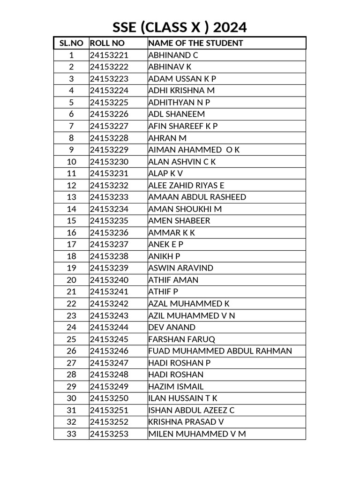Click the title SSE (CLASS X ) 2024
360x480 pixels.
[x=180, y=28]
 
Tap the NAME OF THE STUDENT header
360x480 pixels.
[x=195, y=43]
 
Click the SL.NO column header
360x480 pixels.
[x=71, y=43]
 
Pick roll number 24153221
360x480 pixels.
[x=109, y=55]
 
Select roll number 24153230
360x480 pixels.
[x=109, y=162]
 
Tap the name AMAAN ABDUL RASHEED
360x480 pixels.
[x=197, y=197]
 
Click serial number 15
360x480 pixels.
[x=71, y=221]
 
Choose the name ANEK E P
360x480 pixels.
[x=165, y=244]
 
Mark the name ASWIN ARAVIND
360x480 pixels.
[x=180, y=268]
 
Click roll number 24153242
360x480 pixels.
[x=109, y=304]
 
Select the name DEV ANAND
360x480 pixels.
[x=172, y=327]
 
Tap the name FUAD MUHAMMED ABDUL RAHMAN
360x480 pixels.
[x=220, y=351]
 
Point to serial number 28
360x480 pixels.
[x=71, y=375]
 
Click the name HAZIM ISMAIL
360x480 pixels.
[x=176, y=387]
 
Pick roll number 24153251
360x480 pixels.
[x=109, y=410]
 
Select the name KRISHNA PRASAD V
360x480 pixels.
[x=186, y=422]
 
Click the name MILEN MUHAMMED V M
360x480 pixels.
[x=197, y=434]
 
